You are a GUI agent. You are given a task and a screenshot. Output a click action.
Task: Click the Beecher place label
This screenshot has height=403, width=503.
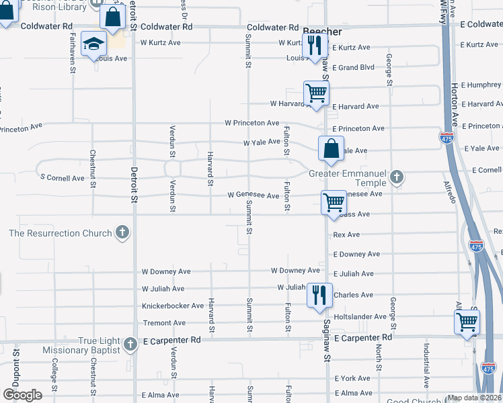tap(322, 32)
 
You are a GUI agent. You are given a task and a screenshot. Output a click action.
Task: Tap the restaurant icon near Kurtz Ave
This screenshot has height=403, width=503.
tap(315, 45)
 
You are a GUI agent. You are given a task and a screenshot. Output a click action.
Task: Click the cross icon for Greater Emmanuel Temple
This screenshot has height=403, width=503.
tap(397, 177)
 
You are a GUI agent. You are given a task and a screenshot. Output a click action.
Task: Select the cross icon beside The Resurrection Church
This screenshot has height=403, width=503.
tap(122, 233)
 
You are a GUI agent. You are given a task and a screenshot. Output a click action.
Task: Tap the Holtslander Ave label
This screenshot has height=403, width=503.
tap(360, 316)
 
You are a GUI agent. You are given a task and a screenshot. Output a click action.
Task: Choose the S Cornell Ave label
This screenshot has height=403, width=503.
tap(63, 178)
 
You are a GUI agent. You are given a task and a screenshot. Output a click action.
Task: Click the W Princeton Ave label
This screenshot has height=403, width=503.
tap(252, 123)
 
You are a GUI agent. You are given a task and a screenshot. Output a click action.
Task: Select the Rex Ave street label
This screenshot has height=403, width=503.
tap(346, 235)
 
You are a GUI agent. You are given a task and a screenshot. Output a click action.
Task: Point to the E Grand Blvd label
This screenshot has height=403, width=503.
tap(356, 68)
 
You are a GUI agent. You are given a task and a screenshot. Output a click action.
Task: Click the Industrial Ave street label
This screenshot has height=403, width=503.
tap(426, 366)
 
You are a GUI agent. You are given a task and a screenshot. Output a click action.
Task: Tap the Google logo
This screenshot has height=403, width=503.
tap(22, 395)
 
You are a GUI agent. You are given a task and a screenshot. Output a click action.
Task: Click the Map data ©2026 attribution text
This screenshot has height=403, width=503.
tap(474, 398)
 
